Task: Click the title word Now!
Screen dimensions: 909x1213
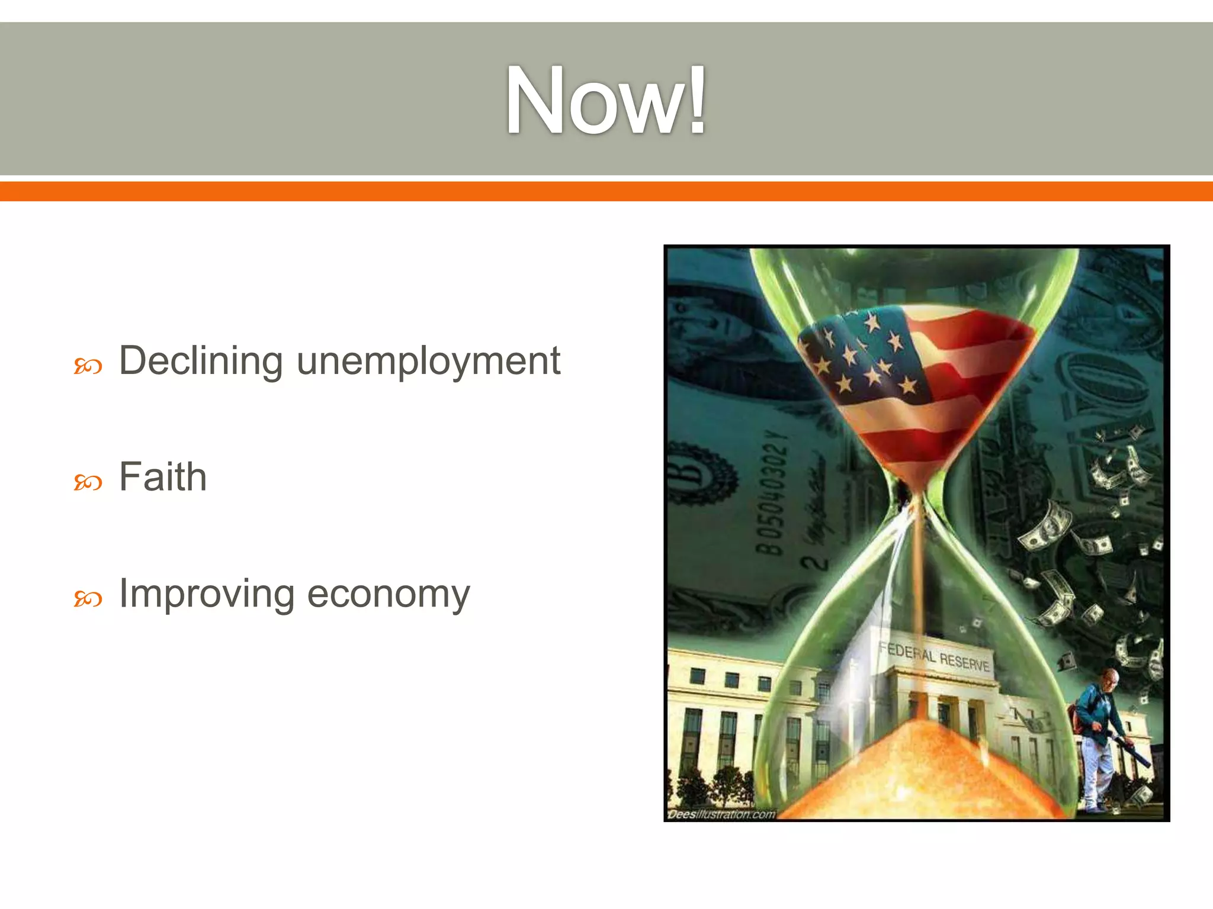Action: click(x=605, y=101)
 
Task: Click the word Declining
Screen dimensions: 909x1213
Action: click(x=201, y=360)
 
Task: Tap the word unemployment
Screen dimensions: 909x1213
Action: click(x=428, y=362)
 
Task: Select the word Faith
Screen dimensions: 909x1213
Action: click(x=163, y=477)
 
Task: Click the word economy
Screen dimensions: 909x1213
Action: click(x=389, y=594)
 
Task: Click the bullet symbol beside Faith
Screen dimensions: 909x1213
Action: click(x=88, y=483)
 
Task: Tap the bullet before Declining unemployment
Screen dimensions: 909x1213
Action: click(x=88, y=367)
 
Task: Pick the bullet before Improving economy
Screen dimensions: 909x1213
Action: click(x=88, y=599)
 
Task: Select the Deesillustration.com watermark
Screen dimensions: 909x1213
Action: click(x=721, y=814)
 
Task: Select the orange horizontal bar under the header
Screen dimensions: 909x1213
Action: click(x=606, y=191)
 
